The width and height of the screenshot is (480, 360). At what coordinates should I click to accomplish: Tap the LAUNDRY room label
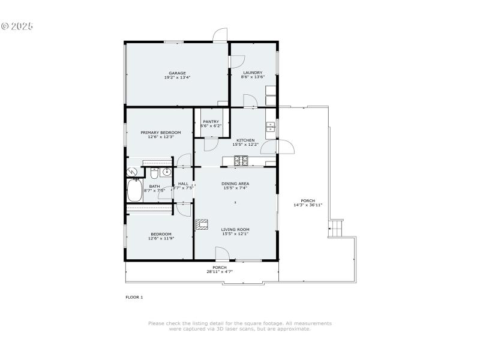[x=253, y=73]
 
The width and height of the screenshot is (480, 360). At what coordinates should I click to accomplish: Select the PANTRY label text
[x=211, y=122]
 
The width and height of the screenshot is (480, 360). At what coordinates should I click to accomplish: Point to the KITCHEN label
[x=245, y=140]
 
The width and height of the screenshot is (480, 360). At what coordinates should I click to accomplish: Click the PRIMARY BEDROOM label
[x=160, y=133]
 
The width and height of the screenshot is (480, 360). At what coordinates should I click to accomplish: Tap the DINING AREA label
[x=235, y=184]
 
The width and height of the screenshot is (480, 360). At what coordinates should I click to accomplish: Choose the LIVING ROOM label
[x=235, y=229]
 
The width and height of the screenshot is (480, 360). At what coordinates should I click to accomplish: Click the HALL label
[x=183, y=184]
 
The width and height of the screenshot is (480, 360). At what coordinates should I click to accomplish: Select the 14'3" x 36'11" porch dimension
[x=308, y=205]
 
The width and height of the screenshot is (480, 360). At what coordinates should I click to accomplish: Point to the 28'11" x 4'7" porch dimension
[x=220, y=271]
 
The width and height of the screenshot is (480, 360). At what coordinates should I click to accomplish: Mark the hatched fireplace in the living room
[x=202, y=225]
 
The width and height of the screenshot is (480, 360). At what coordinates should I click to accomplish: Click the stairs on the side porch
[x=335, y=228]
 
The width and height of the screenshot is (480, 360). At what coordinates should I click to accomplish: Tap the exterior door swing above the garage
[x=221, y=35]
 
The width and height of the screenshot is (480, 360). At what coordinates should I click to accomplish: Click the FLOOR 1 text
[x=134, y=297]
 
